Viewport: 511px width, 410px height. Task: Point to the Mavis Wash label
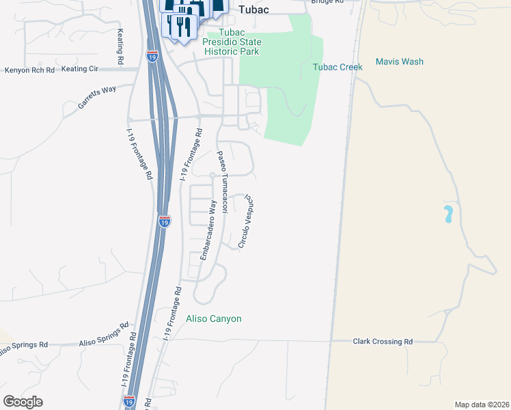tap(400, 61)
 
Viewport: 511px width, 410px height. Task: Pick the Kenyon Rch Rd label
tap(29, 70)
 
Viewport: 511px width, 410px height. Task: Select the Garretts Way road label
tap(96, 97)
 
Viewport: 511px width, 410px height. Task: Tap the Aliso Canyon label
tap(214, 318)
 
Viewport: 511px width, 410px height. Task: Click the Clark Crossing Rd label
tap(383, 341)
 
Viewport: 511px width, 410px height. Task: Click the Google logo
tap(23, 402)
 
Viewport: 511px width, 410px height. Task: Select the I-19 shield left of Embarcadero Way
tap(164, 221)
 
